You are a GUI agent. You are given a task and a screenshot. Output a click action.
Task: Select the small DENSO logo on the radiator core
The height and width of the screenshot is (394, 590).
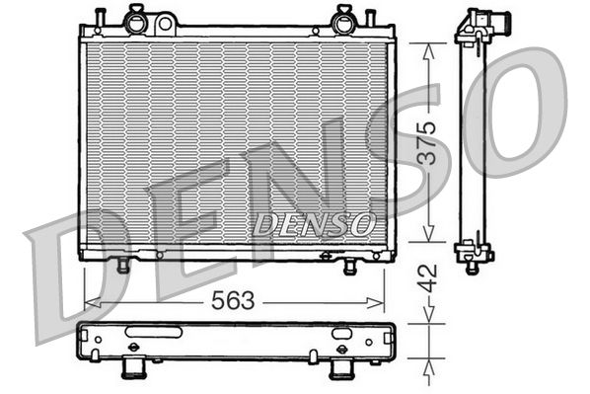click(314, 224)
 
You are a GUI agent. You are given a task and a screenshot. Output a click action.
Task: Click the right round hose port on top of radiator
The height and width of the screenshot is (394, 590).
click(345, 17)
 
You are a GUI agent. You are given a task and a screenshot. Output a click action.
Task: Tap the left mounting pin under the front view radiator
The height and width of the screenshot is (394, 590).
click(122, 266)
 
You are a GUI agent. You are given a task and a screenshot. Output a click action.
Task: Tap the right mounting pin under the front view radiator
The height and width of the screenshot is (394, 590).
click(350, 267)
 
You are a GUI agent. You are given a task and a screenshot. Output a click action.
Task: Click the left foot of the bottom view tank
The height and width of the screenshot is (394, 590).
click(133, 370)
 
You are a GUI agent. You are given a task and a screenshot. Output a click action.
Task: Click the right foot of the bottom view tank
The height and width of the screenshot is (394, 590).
click(341, 370)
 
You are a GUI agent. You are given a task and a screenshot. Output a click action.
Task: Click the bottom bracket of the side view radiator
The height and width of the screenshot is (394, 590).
click(474, 256)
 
